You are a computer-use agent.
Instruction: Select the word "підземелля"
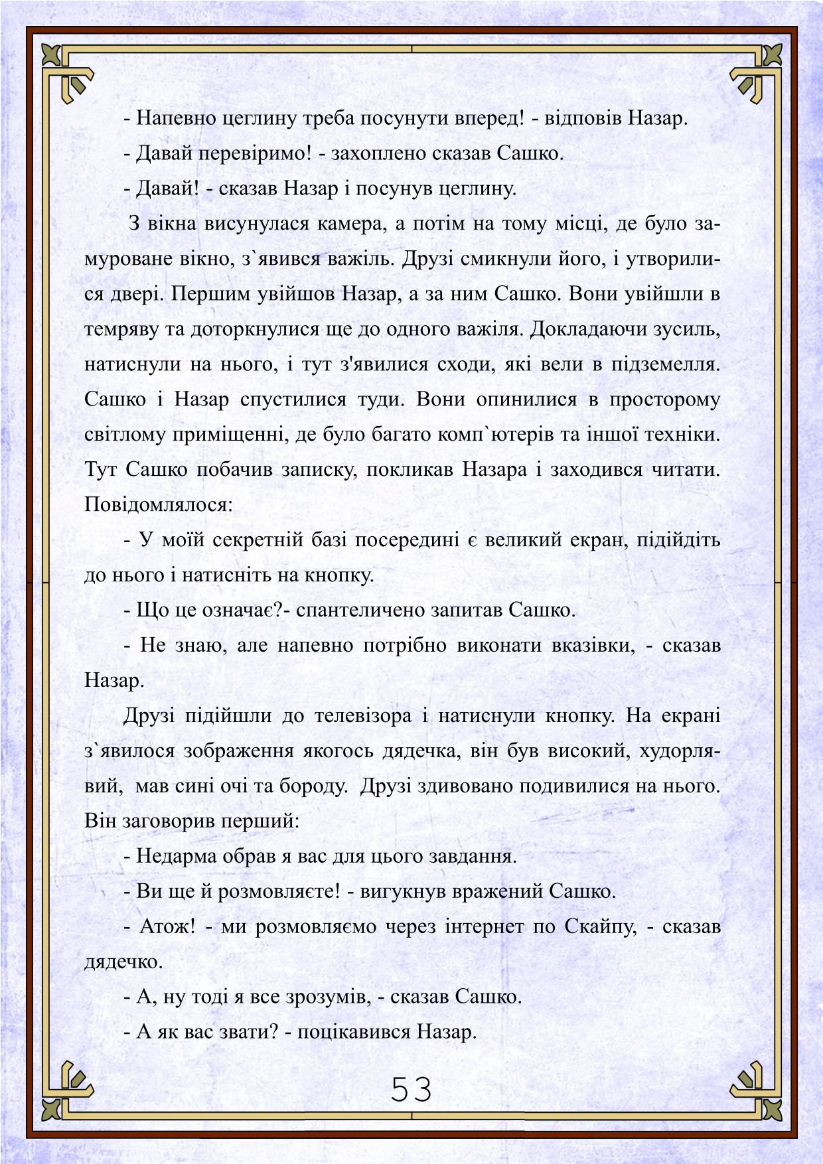click(x=664, y=364)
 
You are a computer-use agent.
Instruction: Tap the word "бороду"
click(x=312, y=786)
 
